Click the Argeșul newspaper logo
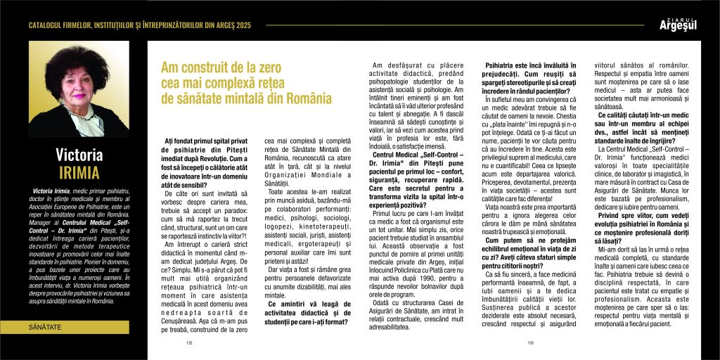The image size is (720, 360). tap(677, 26)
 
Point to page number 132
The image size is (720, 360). tap(189, 344)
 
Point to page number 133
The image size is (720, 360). tap(530, 344)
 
